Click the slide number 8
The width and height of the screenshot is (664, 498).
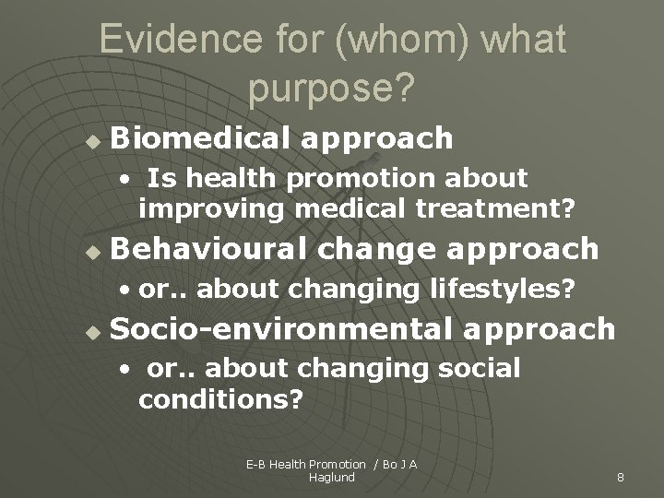click(621, 477)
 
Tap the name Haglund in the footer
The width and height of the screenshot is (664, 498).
click(332, 477)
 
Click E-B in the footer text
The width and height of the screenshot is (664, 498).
click(255, 464)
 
